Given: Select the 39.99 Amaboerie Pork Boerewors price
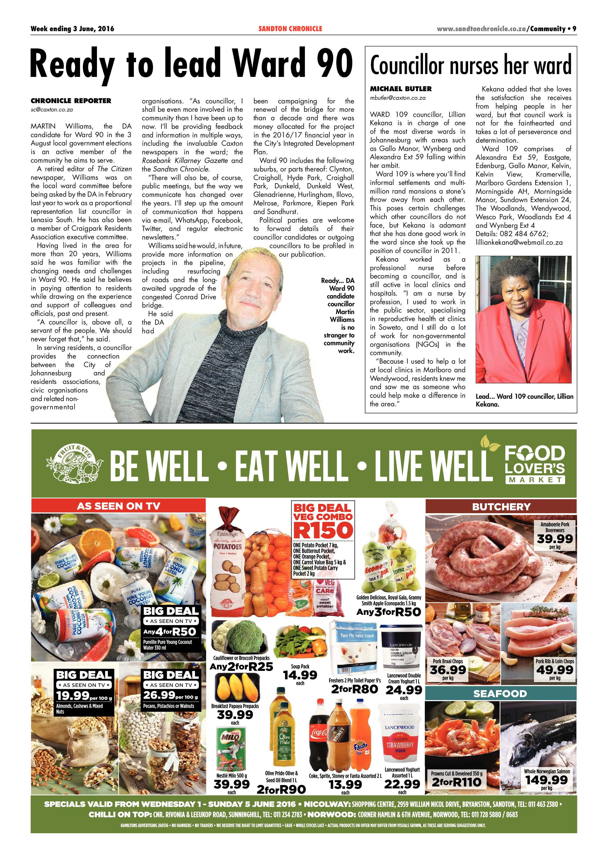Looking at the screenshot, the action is point(554,539).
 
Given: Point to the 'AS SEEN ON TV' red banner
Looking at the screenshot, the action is point(118,506).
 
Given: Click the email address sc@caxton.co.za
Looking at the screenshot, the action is point(52,110).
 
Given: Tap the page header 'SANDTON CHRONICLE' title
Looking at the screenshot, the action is point(290,28).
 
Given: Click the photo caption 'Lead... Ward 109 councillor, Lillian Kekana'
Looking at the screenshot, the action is point(524,400).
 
